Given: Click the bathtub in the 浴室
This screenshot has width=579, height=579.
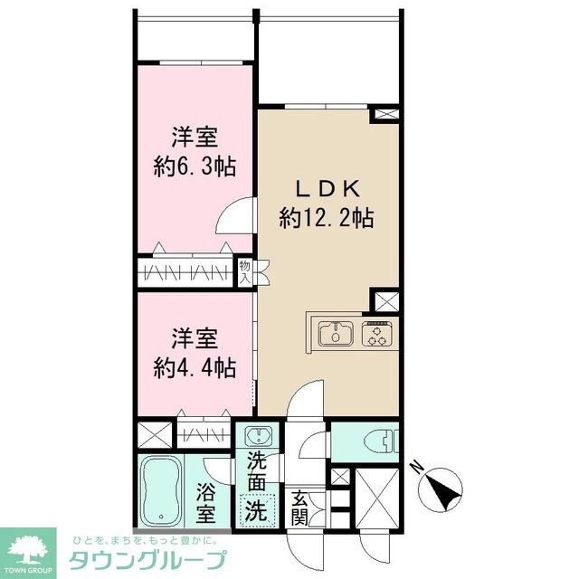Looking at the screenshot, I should click(x=162, y=491).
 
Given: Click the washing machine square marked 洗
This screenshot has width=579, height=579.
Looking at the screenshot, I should click(x=258, y=509).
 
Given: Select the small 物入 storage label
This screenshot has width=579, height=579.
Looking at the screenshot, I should click(x=244, y=272).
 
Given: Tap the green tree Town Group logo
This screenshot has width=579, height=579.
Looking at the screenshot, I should click(x=28, y=547).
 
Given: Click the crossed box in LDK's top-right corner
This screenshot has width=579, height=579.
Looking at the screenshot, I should click(x=385, y=115).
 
